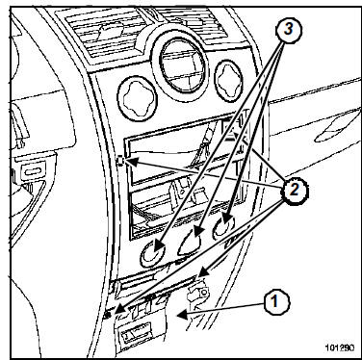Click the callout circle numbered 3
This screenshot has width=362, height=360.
(289, 30)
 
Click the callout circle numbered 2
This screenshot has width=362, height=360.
(294, 191)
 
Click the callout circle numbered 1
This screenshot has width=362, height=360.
(276, 302)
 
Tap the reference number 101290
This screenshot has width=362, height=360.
(340, 347)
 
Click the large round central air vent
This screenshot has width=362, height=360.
(181, 65)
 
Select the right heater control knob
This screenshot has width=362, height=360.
(229, 82)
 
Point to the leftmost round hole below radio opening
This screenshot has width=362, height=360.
(153, 254)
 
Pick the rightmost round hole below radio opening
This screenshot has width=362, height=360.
(223, 227)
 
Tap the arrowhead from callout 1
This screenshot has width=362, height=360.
(182, 315)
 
